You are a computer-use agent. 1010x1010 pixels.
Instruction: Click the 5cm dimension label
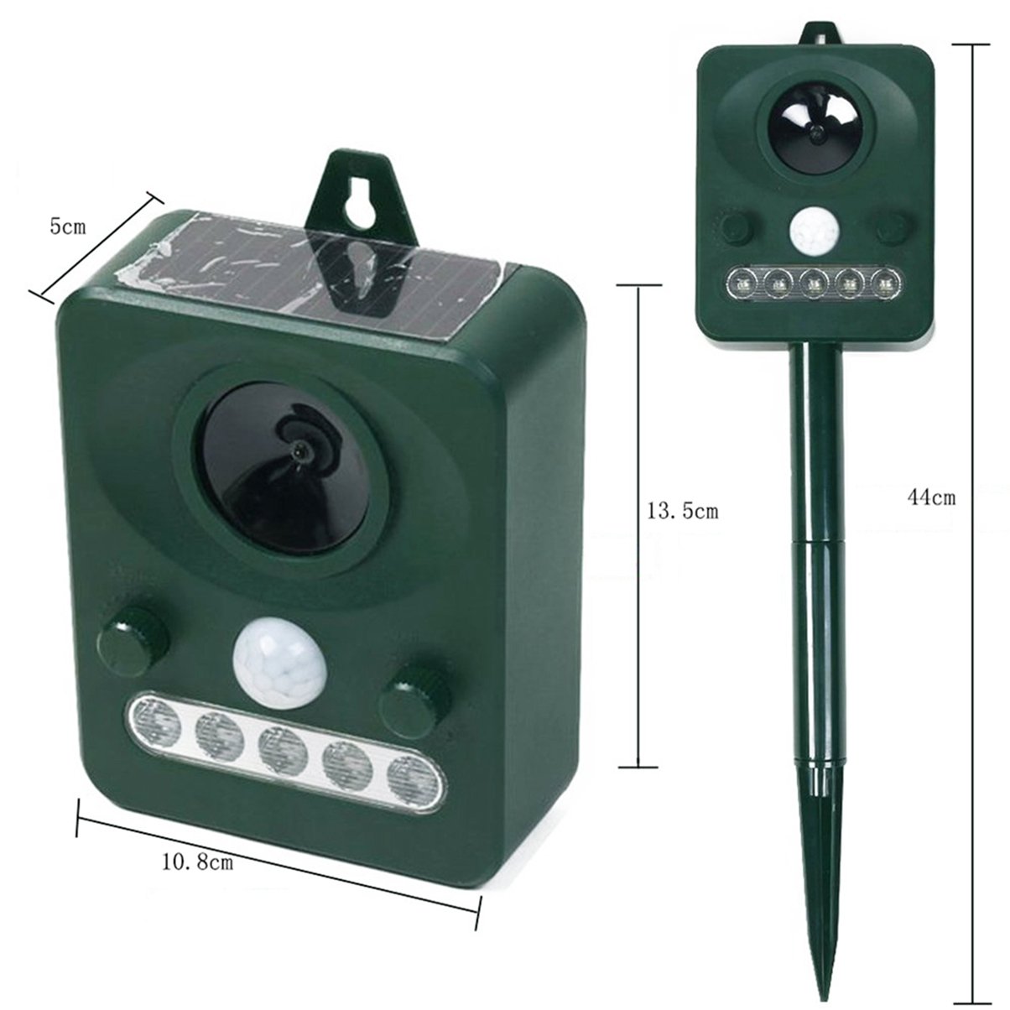click(68, 227)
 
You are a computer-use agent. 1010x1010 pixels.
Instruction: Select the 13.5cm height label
click(682, 511)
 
